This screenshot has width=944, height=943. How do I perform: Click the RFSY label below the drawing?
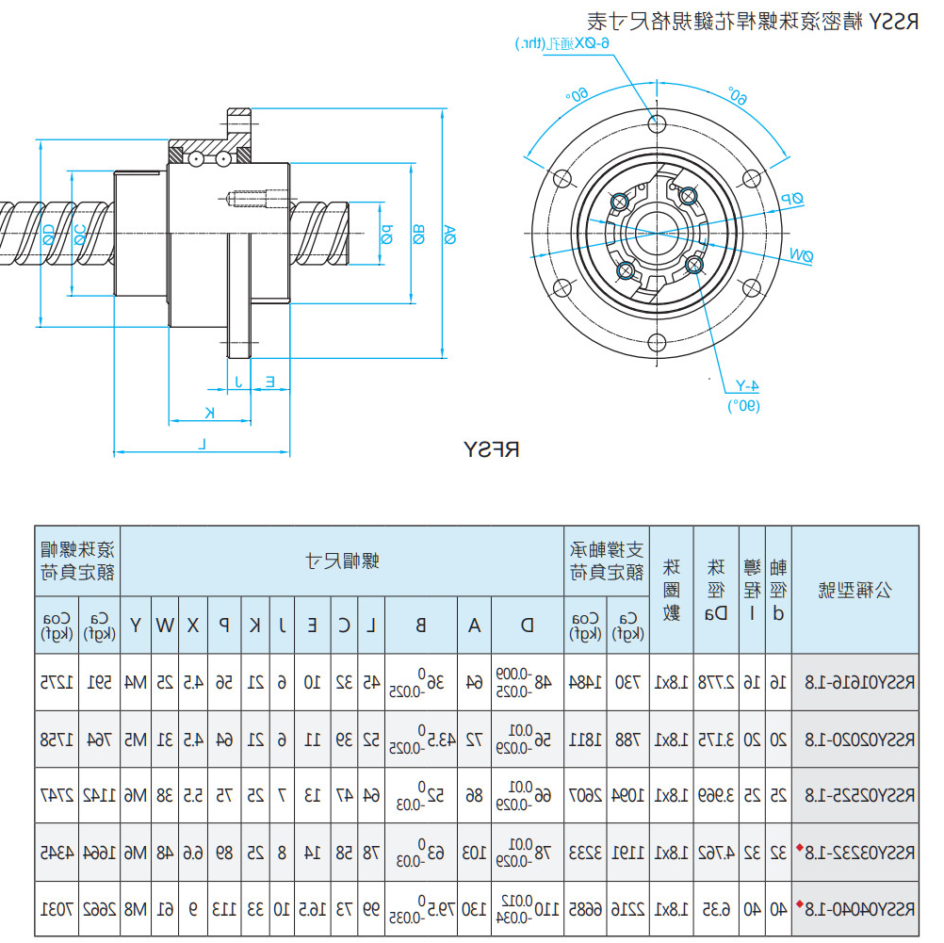[492, 449]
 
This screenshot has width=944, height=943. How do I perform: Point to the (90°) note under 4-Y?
[743, 405]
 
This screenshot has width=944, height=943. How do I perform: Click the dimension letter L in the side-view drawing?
[203, 443]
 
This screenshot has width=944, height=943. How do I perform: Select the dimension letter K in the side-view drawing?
[210, 412]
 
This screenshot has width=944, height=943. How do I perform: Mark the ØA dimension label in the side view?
[450, 235]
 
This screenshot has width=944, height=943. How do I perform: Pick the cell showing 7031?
[57, 910]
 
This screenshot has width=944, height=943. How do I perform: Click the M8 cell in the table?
[137, 910]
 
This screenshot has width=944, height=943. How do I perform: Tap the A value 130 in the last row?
[475, 910]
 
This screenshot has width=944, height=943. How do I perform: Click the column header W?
[165, 624]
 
